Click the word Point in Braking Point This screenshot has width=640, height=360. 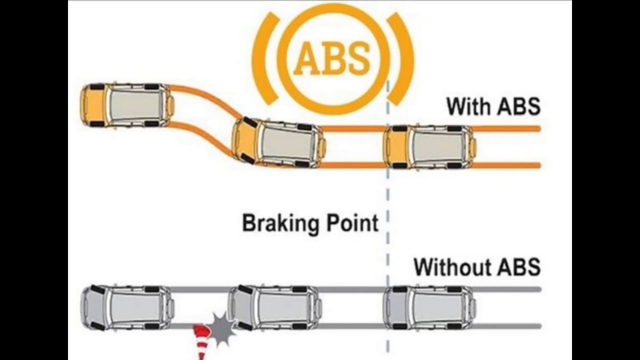[x=352, y=222]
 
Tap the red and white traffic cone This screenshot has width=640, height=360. [x=202, y=340]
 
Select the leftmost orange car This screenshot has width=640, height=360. [x=127, y=105]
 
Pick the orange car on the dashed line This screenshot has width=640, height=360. [x=429, y=146]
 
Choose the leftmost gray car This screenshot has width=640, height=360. [x=127, y=307]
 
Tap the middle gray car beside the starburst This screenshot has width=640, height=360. [x=274, y=307]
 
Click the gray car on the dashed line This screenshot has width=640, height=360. [x=429, y=307]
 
